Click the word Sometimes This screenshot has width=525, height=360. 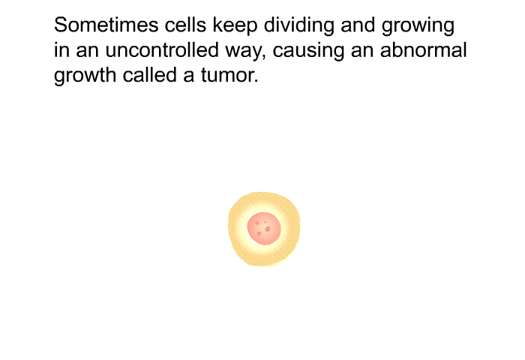[106, 25]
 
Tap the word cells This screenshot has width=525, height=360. [185, 25]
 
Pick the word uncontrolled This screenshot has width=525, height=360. [162, 50]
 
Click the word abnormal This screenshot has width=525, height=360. [423, 50]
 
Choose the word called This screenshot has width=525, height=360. [150, 75]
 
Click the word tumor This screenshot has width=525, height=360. [229, 75]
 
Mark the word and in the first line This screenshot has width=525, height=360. [358, 25]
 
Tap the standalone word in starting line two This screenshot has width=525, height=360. [61, 50]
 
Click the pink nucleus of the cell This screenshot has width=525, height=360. [264, 229]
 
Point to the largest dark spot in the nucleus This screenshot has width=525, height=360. [267, 229]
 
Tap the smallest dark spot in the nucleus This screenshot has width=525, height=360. [265, 222]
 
